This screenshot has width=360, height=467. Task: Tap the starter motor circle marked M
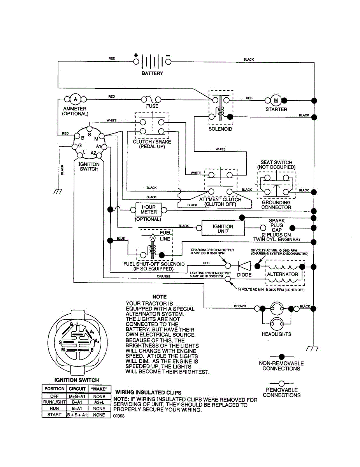(x=276, y=100)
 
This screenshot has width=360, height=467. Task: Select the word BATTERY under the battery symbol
(x=153, y=73)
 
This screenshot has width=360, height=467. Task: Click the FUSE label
(x=152, y=106)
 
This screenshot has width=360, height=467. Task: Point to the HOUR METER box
(x=149, y=209)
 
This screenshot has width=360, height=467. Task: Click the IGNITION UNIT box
(x=223, y=228)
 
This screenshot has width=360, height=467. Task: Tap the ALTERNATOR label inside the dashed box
(x=283, y=274)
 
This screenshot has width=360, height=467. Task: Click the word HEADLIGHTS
(x=276, y=334)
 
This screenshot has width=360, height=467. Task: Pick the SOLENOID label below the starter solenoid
(x=220, y=129)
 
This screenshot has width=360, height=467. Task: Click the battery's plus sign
(x=136, y=55)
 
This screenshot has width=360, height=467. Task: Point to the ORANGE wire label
(x=163, y=276)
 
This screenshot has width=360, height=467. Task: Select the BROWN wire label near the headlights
(x=240, y=306)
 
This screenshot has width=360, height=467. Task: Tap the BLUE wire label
(x=120, y=239)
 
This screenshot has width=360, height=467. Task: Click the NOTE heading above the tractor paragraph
(x=160, y=297)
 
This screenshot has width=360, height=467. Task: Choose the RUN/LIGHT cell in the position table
(x=54, y=402)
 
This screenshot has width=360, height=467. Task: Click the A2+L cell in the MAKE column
(x=99, y=402)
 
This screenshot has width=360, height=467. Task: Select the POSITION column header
(x=54, y=389)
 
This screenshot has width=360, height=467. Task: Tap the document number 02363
(x=119, y=416)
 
